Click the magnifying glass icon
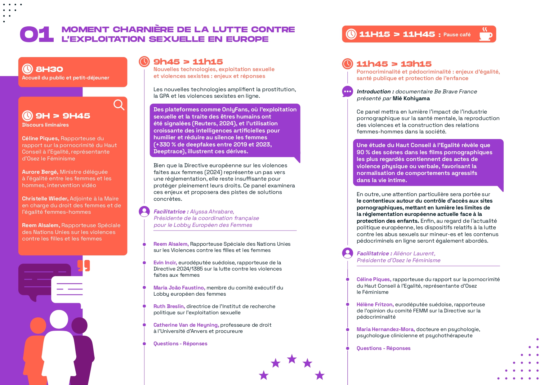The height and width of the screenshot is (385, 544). pyautogui.click(x=119, y=105)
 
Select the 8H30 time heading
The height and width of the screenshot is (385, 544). pyautogui.click(x=49, y=69)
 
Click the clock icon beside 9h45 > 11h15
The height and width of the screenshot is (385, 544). pyautogui.click(x=144, y=61)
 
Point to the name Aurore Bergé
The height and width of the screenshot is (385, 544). pyautogui.click(x=40, y=172)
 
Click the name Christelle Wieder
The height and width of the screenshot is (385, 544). pyautogui.click(x=45, y=199)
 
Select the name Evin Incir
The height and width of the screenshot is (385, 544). pyautogui.click(x=165, y=263)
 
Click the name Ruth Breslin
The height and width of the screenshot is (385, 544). pyautogui.click(x=169, y=306)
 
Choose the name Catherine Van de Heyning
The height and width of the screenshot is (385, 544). pyautogui.click(x=186, y=325)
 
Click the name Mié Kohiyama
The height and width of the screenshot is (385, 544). pyautogui.click(x=411, y=98)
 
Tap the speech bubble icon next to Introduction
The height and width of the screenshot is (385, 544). pyautogui.click(x=347, y=92)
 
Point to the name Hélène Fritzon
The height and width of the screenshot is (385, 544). pyautogui.click(x=375, y=304)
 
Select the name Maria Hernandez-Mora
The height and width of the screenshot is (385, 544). pyautogui.click(x=385, y=329)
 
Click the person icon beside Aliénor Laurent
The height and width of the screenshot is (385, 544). pyautogui.click(x=347, y=253)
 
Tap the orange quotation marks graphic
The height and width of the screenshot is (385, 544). pyautogui.click(x=84, y=266)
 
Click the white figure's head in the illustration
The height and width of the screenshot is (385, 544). pyautogui.click(x=59, y=319)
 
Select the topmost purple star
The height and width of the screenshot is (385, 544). pyautogui.click(x=292, y=359)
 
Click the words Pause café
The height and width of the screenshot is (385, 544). pyautogui.click(x=457, y=34)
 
